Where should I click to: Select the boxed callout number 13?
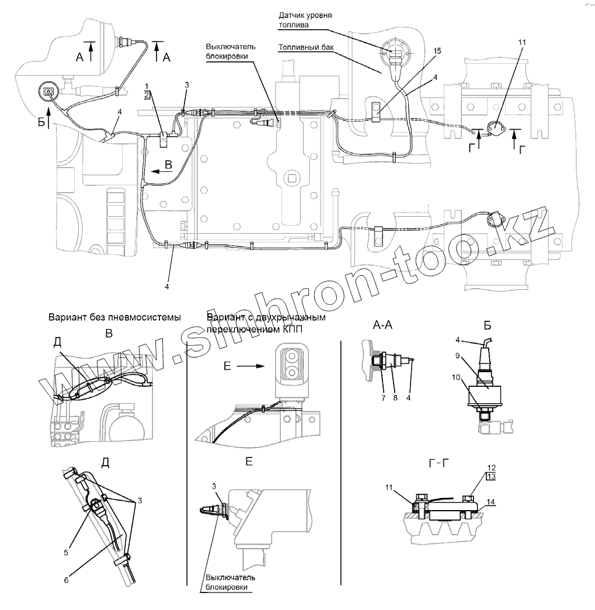click(490, 476)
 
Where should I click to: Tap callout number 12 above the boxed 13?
click(490, 467)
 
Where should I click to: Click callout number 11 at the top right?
click(521, 43)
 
